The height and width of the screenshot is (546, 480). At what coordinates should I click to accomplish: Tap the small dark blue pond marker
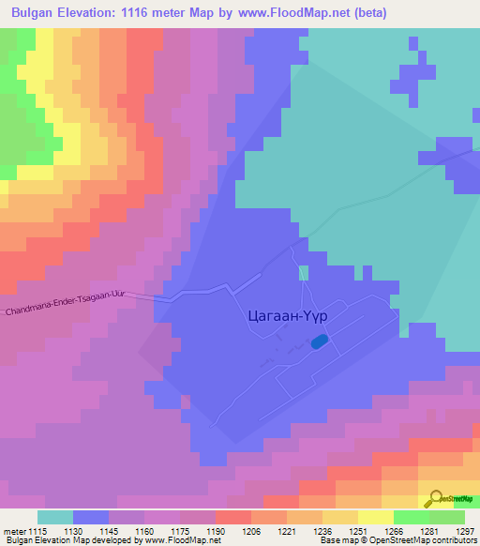tap(320, 342)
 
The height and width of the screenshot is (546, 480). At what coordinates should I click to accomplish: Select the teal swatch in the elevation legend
tap(55, 517)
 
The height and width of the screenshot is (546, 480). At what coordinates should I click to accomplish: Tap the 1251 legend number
tap(340, 530)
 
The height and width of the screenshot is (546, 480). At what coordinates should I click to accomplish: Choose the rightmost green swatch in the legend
tap(447, 517)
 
